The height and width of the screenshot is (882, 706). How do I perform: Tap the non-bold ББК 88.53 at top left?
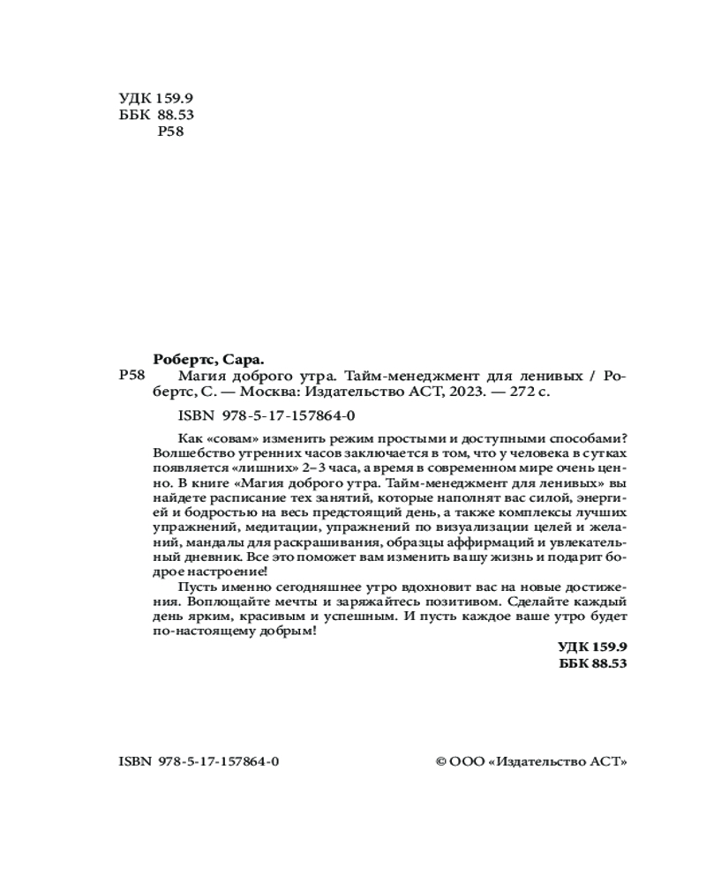[155, 116]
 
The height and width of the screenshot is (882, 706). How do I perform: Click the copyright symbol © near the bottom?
[442, 761]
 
